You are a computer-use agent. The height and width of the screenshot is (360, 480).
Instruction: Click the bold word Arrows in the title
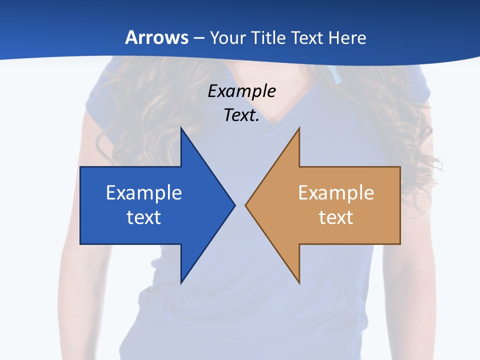pos(156,37)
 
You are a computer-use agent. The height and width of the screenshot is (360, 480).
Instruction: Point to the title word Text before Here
pos(308,37)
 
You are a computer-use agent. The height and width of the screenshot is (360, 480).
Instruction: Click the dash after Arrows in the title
pos(198,38)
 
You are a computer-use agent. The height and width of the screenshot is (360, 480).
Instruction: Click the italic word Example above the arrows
pos(242,91)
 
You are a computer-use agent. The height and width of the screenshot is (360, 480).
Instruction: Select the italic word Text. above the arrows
pos(242,115)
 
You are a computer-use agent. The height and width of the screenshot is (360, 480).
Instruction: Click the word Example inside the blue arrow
pos(144,192)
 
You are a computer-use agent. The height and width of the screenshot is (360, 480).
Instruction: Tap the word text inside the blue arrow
pos(144,217)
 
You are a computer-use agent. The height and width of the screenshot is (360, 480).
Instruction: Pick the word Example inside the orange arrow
pos(336,192)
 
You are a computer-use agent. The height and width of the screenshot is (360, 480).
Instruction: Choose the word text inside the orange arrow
pos(336,217)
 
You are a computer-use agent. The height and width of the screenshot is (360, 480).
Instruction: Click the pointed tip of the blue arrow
pos(234,205)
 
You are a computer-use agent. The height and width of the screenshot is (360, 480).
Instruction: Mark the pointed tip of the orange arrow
pos(246,205)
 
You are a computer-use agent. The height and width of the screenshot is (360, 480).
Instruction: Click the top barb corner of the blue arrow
pos(181,128)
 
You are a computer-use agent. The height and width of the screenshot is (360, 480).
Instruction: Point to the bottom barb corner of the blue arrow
pos(181,283)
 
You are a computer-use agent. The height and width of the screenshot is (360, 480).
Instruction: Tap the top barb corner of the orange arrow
pos(299,128)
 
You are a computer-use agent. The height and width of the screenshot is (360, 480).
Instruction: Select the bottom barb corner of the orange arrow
pos(299,283)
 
